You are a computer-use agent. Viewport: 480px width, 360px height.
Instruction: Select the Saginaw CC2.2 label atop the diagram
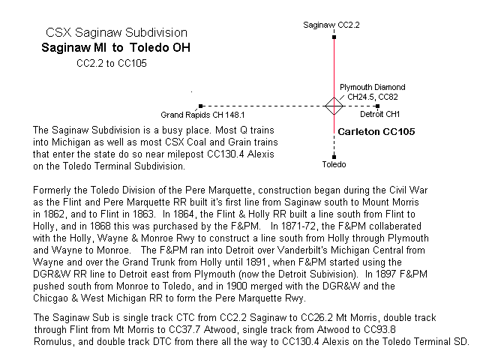click(332, 25)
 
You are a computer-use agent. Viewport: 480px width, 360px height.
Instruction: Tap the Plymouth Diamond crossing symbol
click(332, 106)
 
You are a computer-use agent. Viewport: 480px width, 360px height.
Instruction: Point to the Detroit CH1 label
click(379, 114)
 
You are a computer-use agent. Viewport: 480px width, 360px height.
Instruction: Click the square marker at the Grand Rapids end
click(199, 106)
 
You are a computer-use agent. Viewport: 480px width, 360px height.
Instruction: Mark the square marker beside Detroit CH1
click(377, 106)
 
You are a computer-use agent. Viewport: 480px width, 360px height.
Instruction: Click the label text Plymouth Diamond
click(372, 87)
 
